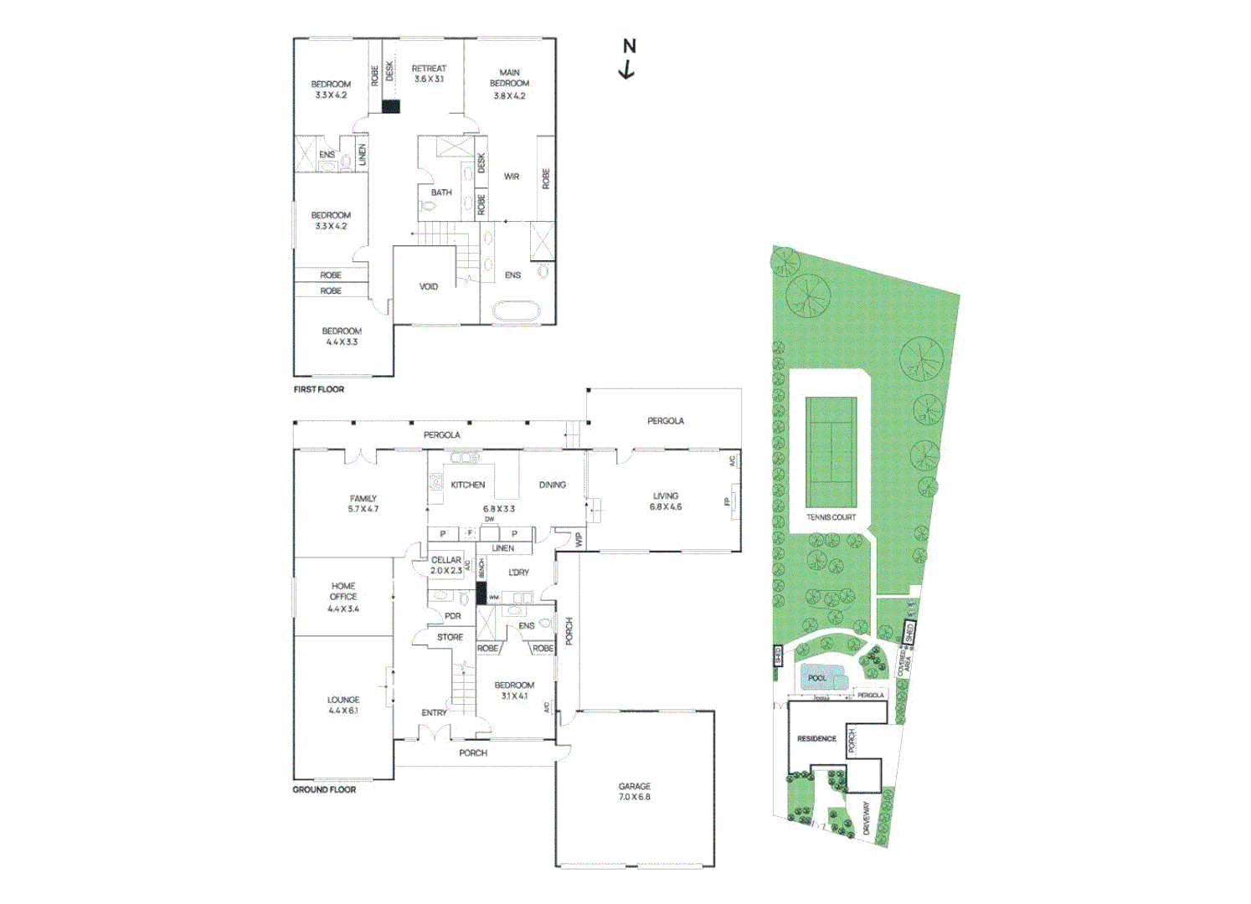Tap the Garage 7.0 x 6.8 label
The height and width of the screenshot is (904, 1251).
tap(634, 792)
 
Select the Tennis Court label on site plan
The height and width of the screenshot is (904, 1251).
tap(831, 517)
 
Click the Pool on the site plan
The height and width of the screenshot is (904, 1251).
tap(817, 678)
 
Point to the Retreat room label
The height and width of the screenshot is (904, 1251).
tap(429, 74)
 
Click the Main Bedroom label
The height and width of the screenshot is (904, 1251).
tap(509, 84)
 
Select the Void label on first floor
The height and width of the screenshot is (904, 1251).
tap(428, 287)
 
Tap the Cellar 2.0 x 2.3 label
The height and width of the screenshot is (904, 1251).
tap(445, 566)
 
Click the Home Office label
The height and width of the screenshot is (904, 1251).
tap(343, 597)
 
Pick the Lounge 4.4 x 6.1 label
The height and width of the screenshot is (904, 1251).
tap(343, 705)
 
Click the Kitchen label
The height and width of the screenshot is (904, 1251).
tap(467, 485)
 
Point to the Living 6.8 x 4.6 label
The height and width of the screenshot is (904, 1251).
tap(666, 501)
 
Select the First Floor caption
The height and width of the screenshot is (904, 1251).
tap(318, 389)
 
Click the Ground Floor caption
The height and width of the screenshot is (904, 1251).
tap(324, 789)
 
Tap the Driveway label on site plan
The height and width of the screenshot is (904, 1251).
tap(866, 817)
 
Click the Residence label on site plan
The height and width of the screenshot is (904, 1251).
tap(816, 739)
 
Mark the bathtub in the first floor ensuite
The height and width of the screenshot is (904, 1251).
tap(517, 312)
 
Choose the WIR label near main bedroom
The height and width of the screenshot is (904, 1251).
tap(512, 177)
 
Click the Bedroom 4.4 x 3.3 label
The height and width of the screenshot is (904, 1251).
tap(342, 336)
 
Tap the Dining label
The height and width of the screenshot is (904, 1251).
tap(552, 485)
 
